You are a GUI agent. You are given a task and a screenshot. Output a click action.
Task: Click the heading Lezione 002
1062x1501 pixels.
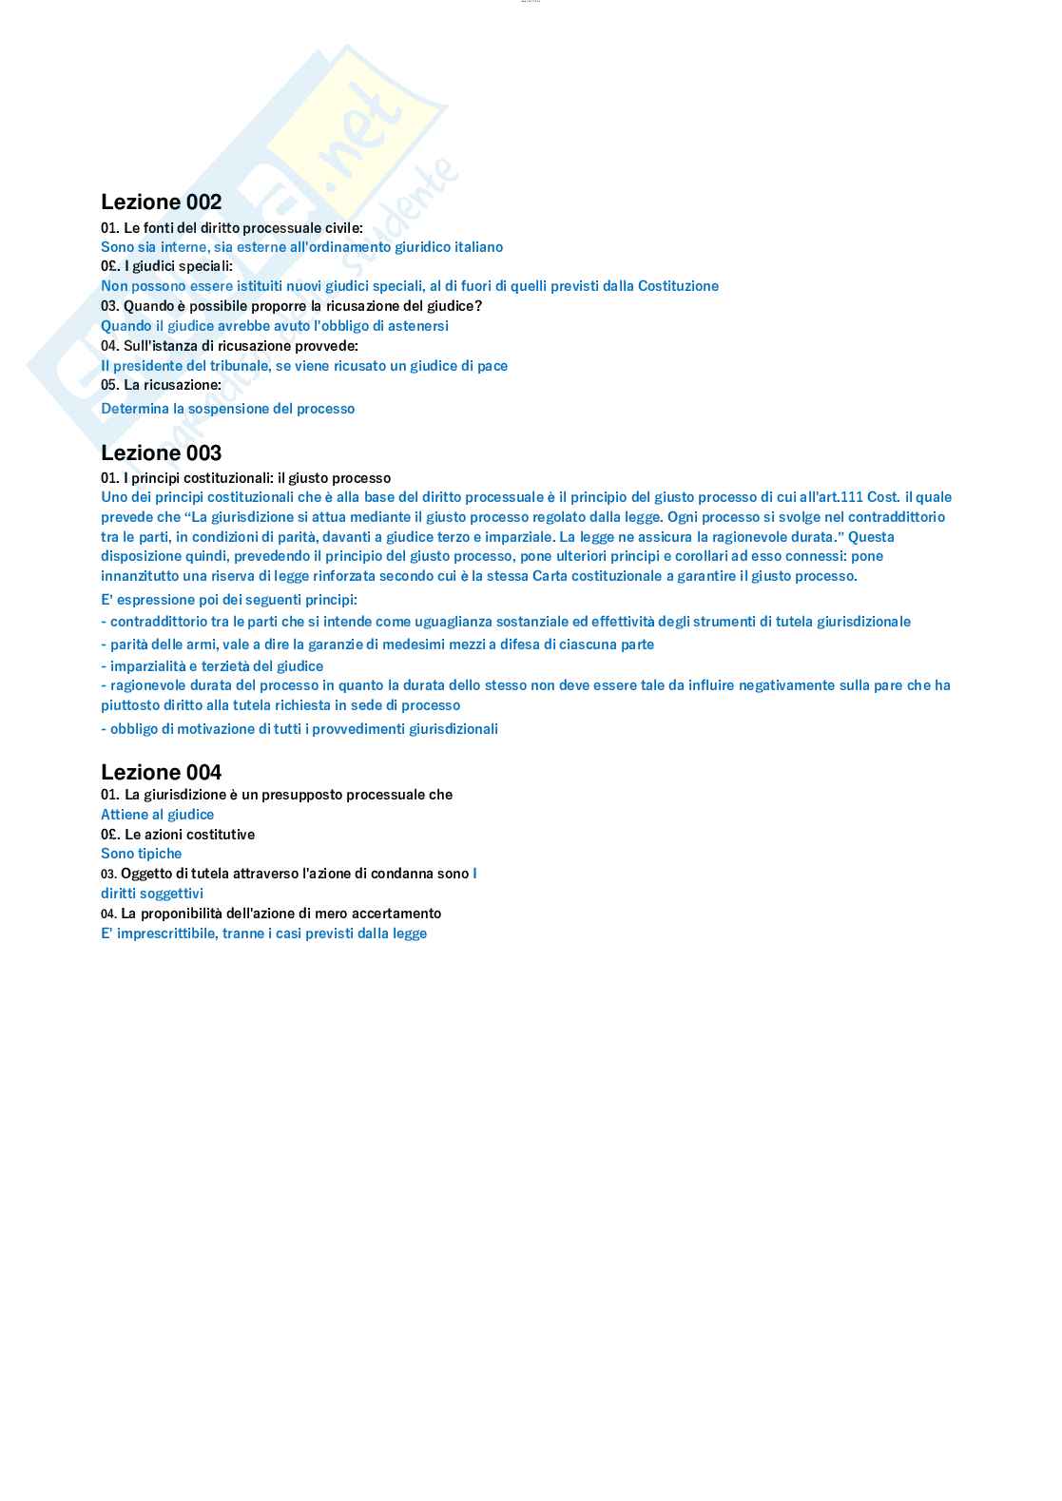tap(161, 202)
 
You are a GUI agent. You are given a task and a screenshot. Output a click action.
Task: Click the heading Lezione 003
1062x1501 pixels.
tap(161, 452)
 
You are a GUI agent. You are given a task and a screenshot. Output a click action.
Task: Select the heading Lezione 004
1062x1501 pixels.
tap(161, 772)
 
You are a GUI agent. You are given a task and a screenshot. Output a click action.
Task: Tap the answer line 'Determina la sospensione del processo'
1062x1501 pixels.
tap(227, 409)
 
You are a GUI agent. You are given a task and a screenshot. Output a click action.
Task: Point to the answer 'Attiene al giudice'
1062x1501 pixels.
tap(157, 815)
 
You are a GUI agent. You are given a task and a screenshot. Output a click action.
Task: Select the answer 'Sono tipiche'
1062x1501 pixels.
tap(141, 854)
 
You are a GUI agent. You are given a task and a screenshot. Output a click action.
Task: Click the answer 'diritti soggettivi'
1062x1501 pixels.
tap(152, 894)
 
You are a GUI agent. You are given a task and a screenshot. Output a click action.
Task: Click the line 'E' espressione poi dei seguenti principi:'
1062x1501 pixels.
tap(229, 600)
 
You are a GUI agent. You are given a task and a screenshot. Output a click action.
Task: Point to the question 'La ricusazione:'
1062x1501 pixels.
tap(161, 385)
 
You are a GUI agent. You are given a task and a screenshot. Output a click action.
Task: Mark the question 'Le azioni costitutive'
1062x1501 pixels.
tap(178, 835)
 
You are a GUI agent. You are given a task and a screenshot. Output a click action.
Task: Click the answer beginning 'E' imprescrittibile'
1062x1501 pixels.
tap(263, 933)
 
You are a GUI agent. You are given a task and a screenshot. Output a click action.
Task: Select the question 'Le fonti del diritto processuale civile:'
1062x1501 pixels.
tap(232, 228)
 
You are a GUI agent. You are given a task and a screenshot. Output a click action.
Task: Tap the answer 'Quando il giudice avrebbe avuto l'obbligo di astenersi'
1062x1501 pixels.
tap(275, 326)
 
